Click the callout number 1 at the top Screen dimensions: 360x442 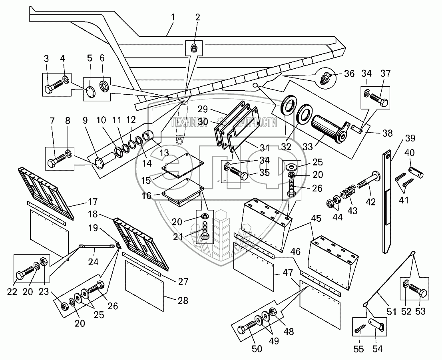tap(173, 18)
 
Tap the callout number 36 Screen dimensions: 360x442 tap(350, 74)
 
